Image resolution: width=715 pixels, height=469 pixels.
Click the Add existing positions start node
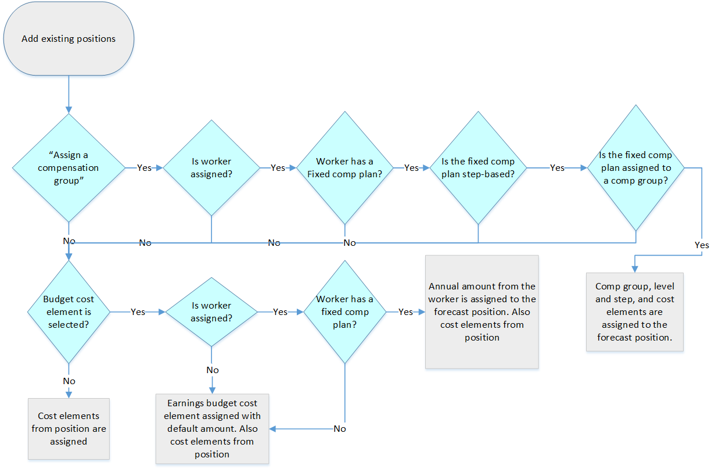click(69, 39)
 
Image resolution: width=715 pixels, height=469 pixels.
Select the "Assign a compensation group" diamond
click(69, 168)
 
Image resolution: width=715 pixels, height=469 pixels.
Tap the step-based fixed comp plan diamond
click(477, 168)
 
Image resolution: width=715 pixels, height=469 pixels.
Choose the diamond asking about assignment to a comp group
click(635, 168)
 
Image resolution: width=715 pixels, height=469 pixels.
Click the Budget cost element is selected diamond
click(69, 312)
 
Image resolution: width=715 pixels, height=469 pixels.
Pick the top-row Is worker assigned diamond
click(211, 168)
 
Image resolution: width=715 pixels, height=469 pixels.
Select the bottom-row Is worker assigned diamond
click(211, 312)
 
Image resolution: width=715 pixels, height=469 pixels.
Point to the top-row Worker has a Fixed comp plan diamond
click(345, 168)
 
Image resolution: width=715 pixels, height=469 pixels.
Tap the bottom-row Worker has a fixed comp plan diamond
click(345, 312)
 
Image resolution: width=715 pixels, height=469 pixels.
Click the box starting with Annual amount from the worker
click(482, 312)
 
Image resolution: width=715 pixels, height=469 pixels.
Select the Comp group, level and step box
click(635, 312)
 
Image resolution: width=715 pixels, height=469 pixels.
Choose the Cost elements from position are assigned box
click(69, 428)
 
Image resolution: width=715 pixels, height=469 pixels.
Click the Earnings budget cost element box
click(212, 428)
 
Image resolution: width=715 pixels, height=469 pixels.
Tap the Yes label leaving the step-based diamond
click(557, 168)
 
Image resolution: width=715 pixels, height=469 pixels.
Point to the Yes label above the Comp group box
click(702, 245)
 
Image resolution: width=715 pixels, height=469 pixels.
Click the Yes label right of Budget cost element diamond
click(138, 312)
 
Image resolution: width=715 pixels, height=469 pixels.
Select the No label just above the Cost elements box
click(69, 381)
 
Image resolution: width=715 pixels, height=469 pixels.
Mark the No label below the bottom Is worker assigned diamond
click(212, 370)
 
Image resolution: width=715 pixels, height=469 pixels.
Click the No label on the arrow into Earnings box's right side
click(340, 429)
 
